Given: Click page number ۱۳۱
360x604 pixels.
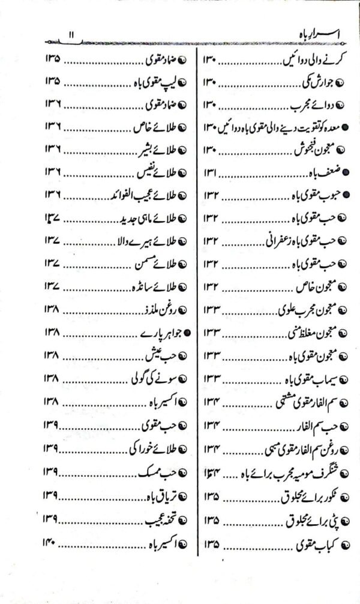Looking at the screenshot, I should tap(212, 173).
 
